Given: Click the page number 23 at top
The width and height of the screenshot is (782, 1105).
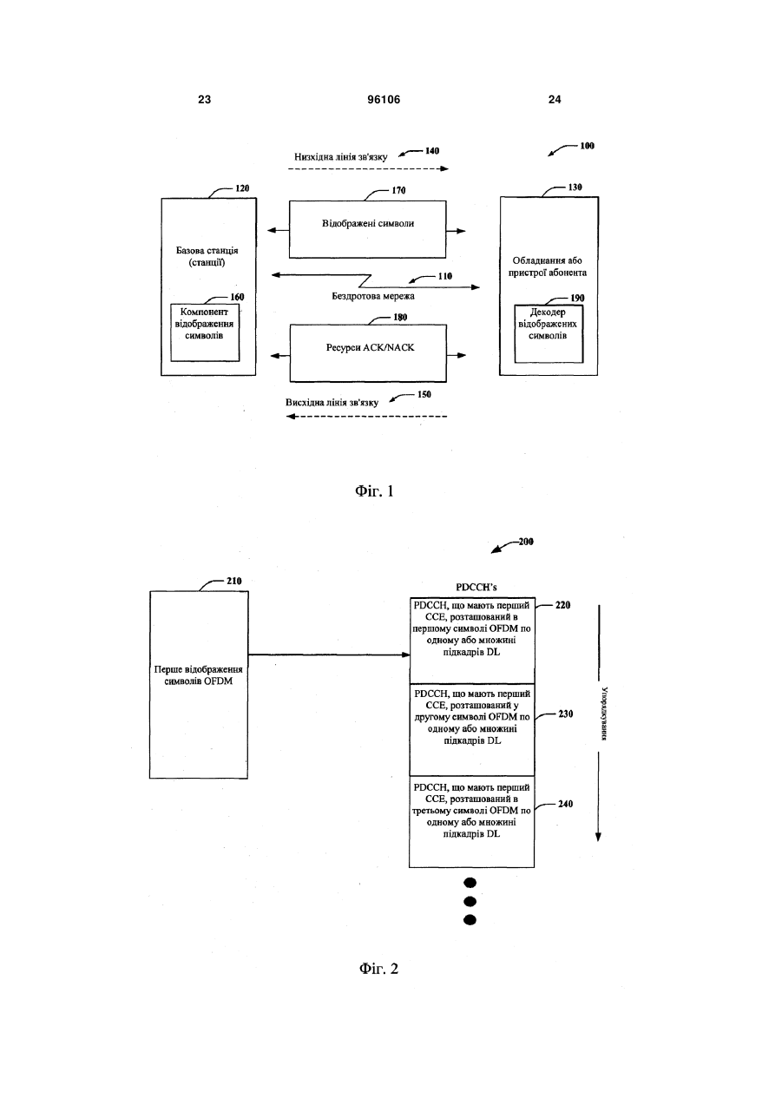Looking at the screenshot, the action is (204, 100).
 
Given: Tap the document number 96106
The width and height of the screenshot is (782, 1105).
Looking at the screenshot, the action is (384, 100).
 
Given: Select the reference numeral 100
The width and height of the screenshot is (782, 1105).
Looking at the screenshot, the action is (587, 146).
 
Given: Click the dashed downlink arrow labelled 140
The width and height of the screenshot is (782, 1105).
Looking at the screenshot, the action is (368, 168).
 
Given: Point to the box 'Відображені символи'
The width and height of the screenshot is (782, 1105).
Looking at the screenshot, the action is (367, 229).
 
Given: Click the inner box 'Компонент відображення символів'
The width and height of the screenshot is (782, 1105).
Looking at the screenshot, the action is (205, 332).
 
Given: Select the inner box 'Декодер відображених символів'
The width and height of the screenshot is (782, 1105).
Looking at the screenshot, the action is (549, 334).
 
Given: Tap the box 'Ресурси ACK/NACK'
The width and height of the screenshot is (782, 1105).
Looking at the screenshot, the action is (368, 353).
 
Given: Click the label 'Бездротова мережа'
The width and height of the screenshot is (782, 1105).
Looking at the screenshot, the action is (373, 297).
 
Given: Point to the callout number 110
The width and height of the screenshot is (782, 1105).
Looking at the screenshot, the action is (445, 276).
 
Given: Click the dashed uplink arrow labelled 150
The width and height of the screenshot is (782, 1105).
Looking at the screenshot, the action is (366, 417).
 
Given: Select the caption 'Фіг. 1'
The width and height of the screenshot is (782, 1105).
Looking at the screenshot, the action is (374, 491).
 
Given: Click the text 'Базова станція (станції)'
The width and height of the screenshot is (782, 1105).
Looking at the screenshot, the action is (207, 257).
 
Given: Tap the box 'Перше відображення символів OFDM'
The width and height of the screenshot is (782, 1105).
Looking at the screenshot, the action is (199, 685).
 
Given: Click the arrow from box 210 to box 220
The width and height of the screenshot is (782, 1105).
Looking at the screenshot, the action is (329, 655).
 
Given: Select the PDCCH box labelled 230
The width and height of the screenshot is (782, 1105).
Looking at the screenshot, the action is (472, 730).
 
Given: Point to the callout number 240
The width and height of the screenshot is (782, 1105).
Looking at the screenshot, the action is (565, 804).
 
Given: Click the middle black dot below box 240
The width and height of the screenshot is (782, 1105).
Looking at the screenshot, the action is (470, 902).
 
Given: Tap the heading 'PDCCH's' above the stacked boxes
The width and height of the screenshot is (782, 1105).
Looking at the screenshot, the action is (476, 588).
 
